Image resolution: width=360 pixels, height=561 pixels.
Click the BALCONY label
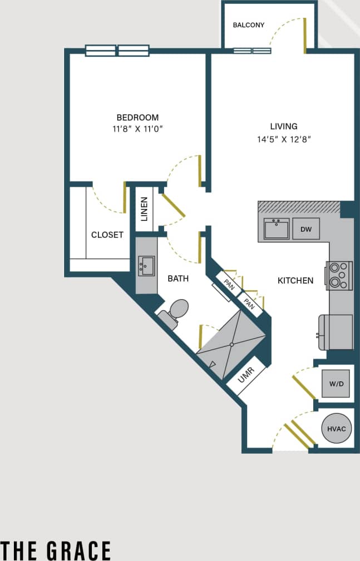coord(248,25)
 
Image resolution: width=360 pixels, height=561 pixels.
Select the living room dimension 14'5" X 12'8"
coord(283,140)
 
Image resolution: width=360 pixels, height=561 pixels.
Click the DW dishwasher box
coord(305,229)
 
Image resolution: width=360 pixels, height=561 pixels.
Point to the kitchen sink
coord(276,229)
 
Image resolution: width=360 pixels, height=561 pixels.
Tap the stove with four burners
coord(339,275)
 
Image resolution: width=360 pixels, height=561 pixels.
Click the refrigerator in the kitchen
coord(336,332)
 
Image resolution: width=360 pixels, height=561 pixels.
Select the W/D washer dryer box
coord(336,383)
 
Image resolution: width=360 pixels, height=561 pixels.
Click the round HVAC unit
coord(336,429)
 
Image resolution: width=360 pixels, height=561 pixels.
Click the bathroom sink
coord(146,265)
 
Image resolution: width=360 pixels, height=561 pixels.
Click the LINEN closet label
coord(144,209)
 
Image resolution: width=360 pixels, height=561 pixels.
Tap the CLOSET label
coord(107,235)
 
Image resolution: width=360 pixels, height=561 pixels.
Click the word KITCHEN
coord(295,280)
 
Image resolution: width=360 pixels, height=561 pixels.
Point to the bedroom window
coord(117,51)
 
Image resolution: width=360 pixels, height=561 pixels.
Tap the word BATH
coord(178,278)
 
